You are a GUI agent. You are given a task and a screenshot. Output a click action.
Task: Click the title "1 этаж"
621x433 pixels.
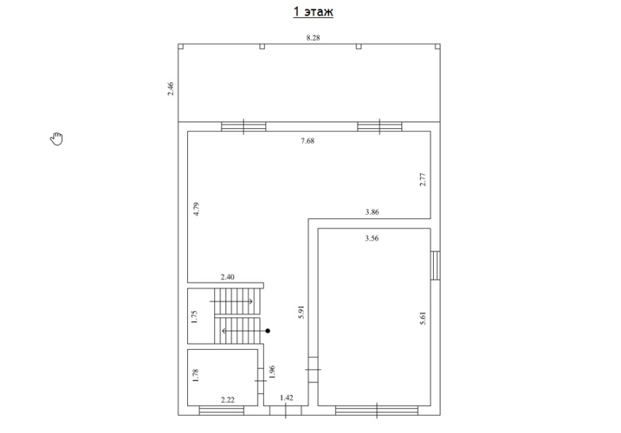[313, 12]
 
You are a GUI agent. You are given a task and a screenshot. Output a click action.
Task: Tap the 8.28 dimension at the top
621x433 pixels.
[313, 38]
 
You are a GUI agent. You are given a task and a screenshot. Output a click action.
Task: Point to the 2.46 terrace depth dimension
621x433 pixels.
[170, 88]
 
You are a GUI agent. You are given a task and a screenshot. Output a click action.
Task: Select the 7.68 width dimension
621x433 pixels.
[307, 141]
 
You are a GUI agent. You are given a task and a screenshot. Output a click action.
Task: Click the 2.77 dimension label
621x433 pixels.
[422, 179]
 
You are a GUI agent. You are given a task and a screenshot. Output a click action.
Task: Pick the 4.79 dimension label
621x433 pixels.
[196, 209]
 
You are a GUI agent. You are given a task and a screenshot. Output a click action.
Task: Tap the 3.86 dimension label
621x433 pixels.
[372, 212]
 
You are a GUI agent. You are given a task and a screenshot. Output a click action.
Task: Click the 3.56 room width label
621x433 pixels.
[372, 238]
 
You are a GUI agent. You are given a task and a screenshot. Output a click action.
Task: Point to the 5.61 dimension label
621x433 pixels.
[422, 318]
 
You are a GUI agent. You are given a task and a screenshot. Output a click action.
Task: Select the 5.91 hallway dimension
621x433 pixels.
[301, 312]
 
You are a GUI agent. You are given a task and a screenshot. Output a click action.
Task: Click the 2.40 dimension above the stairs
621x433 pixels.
[227, 277]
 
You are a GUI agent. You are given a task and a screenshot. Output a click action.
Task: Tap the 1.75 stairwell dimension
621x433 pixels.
[194, 317]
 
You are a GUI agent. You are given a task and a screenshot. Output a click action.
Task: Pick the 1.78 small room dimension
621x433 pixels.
[195, 376]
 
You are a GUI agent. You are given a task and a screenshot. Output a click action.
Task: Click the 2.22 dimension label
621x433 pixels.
[227, 400]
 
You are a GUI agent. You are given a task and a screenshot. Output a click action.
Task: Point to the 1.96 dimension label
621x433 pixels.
[272, 372]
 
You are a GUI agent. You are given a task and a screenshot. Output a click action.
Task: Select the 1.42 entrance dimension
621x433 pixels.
[286, 398]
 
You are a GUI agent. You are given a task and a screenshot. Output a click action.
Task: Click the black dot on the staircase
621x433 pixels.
[268, 331]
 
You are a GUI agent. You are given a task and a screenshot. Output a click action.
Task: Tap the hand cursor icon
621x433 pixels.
[57, 139]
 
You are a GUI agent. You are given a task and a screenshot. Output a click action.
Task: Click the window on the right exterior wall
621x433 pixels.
[435, 265]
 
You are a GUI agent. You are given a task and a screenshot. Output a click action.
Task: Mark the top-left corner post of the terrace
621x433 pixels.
[181, 47]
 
